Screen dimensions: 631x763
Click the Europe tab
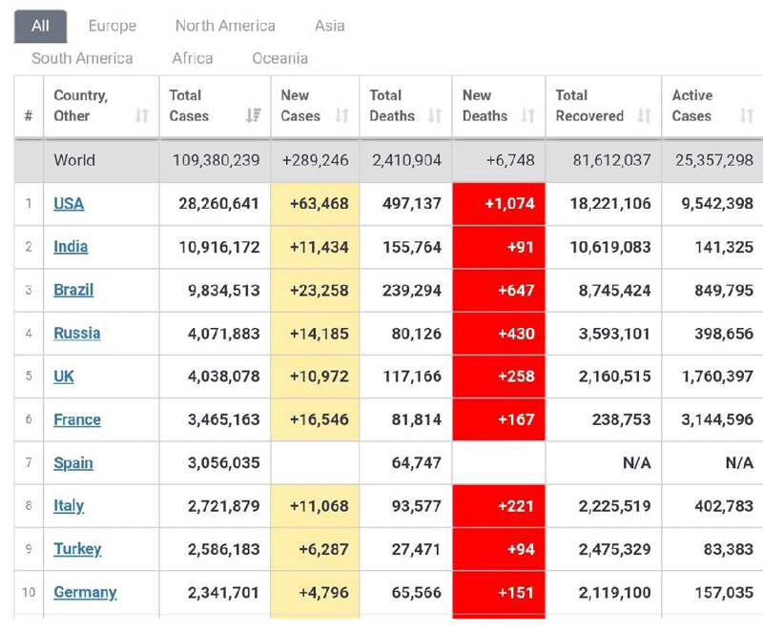[112, 26]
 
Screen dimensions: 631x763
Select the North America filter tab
[225, 26]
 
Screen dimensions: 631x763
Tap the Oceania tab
[279, 58]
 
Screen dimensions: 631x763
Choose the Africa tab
[193, 58]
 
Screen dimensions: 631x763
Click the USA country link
[70, 203]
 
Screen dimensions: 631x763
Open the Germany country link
[85, 592]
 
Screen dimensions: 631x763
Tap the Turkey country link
[77, 549]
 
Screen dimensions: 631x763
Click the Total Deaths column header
[392, 106]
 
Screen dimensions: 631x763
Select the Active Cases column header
[691, 106]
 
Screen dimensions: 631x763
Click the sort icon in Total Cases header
[253, 116]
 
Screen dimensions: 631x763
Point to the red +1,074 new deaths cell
[499, 203]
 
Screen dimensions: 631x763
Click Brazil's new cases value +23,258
[315, 290]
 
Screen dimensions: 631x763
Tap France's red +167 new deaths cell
[499, 419]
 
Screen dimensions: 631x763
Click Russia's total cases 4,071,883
[218, 334]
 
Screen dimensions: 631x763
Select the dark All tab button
[40, 26]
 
